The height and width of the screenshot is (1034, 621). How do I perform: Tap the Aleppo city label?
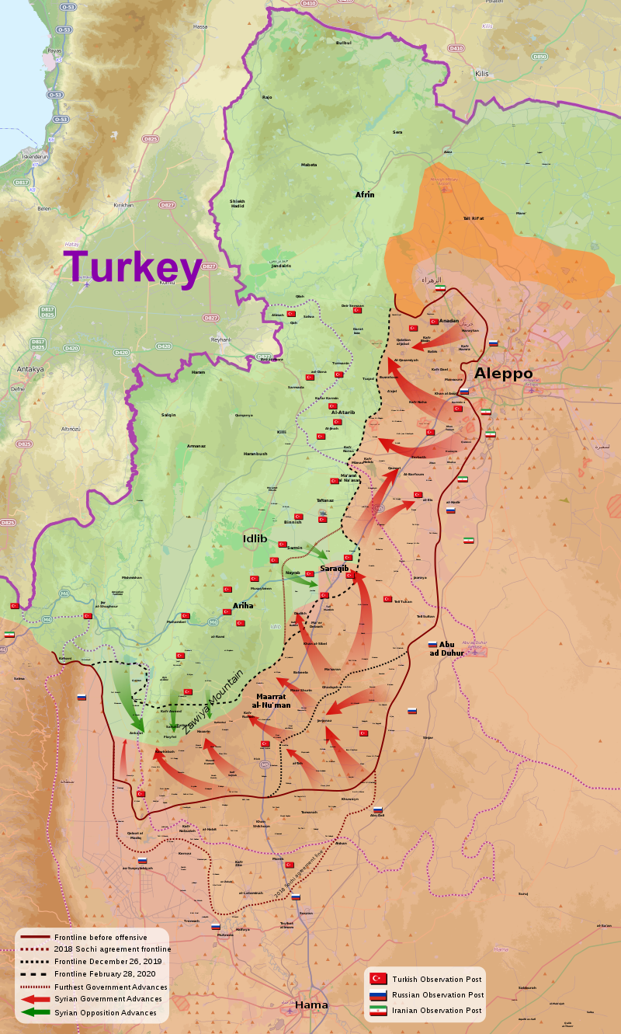click(x=503, y=374)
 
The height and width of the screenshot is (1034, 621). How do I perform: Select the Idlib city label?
click(x=254, y=538)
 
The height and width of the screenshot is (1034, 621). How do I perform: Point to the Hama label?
click(x=311, y=1004)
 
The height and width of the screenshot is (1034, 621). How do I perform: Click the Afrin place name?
click(x=365, y=194)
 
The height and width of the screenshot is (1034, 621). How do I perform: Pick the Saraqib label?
click(x=335, y=569)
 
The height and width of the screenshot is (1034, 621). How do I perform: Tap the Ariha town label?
click(x=243, y=605)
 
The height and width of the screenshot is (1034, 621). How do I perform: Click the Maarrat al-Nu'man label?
click(x=273, y=700)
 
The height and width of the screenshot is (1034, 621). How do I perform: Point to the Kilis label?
click(x=482, y=73)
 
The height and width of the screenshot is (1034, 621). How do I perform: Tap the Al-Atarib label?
click(x=342, y=413)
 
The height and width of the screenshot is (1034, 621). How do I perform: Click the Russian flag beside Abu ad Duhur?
click(x=432, y=644)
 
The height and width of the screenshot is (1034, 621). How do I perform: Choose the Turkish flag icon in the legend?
click(x=378, y=979)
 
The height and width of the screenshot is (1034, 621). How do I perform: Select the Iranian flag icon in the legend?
click(x=378, y=1011)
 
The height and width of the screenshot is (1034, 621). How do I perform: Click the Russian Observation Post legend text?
click(x=438, y=995)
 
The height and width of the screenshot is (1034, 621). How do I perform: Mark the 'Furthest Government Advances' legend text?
click(x=110, y=987)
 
